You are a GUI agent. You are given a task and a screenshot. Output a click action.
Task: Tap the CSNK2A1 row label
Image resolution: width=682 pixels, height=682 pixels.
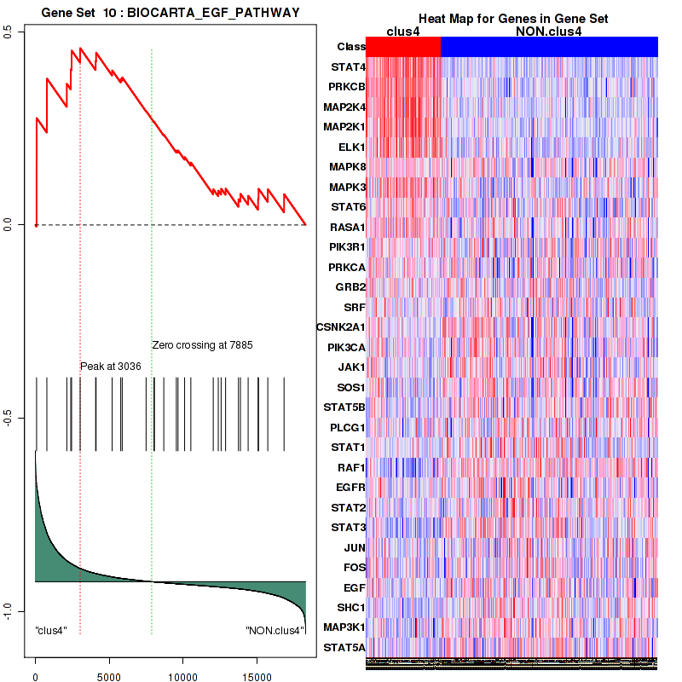340,327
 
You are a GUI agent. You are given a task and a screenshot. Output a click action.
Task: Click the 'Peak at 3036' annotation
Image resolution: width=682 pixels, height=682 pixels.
111,366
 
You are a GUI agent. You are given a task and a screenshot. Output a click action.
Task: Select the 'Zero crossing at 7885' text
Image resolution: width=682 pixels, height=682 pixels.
202,345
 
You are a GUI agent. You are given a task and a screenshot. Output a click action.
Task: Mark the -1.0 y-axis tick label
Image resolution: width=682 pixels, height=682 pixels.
9,612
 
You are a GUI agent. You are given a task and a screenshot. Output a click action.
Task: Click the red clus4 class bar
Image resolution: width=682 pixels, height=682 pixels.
402,47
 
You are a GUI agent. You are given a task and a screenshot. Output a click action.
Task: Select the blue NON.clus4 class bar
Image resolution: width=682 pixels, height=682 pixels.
549,47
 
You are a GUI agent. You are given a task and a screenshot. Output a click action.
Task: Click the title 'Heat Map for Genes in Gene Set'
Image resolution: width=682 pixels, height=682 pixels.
512,19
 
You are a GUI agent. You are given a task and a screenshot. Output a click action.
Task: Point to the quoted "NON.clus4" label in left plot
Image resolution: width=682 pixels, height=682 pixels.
275,631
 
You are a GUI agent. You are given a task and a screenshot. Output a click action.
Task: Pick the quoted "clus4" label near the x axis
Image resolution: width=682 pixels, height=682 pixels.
51,631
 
